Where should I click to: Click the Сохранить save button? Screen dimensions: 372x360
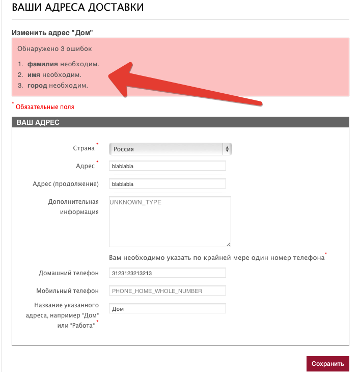pyautogui.click(x=327, y=364)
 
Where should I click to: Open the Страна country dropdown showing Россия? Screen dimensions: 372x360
pyautogui.click(x=171, y=149)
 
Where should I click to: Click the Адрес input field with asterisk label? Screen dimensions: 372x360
pyautogui.click(x=167, y=166)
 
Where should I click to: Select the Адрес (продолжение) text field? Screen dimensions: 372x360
pyautogui.click(x=167, y=183)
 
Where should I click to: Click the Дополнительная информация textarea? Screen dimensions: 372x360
pyautogui.click(x=170, y=222)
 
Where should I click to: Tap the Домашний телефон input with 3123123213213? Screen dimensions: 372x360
pyautogui.click(x=167, y=273)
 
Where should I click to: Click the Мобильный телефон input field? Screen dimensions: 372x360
pyautogui.click(x=167, y=290)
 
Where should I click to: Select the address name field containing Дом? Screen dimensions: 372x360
pyautogui.click(x=167, y=308)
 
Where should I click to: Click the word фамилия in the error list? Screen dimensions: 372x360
pyautogui.click(x=43, y=64)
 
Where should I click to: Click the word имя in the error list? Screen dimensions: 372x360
pyautogui.click(x=34, y=75)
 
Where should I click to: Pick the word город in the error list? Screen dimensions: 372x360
pyautogui.click(x=37, y=85)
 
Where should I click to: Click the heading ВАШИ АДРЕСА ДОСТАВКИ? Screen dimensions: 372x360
pyautogui.click(x=77, y=8)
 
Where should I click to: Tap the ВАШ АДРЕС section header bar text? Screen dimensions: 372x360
pyautogui.click(x=38, y=122)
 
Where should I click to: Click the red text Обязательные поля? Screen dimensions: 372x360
pyautogui.click(x=45, y=107)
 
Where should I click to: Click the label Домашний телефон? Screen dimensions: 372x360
pyautogui.click(x=69, y=273)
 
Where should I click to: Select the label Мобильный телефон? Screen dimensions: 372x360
pyautogui.click(x=67, y=290)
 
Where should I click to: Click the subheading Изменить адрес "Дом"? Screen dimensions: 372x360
pyautogui.click(x=52, y=33)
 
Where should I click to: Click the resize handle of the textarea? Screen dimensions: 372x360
pyautogui.click(x=229, y=245)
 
